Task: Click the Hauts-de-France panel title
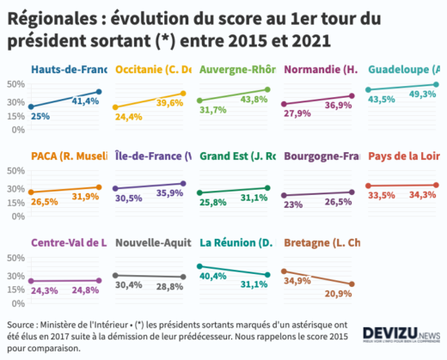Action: pyautogui.click(x=69, y=70)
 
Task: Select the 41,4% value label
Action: pyautogui.click(x=86, y=101)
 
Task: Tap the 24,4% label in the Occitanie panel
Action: pyautogui.click(x=128, y=116)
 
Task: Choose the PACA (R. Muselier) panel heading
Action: pyautogui.click(x=69, y=156)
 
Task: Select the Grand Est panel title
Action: pyautogui.click(x=237, y=156)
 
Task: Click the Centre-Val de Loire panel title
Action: pyautogui.click(x=69, y=243)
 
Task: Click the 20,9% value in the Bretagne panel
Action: pyautogui.click(x=338, y=294)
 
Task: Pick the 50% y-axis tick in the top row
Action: pyautogui.click(x=13, y=84)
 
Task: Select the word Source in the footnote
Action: pyautogui.click(x=21, y=325)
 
